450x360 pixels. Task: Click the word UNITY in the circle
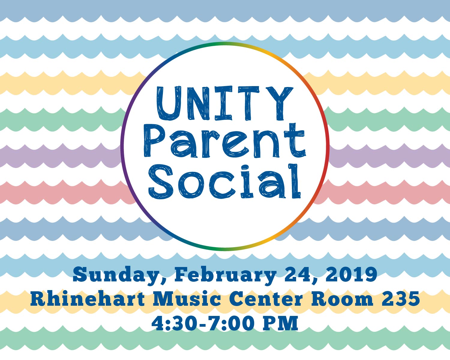225,103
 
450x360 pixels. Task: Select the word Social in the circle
225,181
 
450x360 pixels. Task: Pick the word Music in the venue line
187,298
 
